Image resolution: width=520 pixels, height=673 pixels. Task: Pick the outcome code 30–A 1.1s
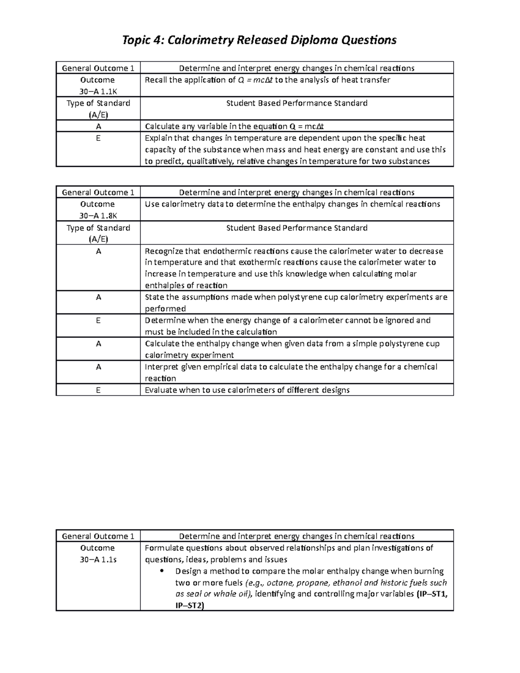click(x=98, y=559)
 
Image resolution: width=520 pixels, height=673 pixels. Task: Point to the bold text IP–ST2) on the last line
click(x=189, y=605)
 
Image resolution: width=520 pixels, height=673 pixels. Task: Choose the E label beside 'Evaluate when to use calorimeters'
click(x=98, y=390)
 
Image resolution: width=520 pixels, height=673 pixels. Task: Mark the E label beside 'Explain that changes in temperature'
click(x=98, y=138)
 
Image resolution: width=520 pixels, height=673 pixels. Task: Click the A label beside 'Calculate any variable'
click(x=98, y=127)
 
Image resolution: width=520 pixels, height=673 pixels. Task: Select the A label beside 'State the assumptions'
click(x=98, y=297)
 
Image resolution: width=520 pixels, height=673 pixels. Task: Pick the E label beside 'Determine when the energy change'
click(x=98, y=320)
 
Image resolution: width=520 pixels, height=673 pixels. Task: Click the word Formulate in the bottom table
click(x=162, y=548)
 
